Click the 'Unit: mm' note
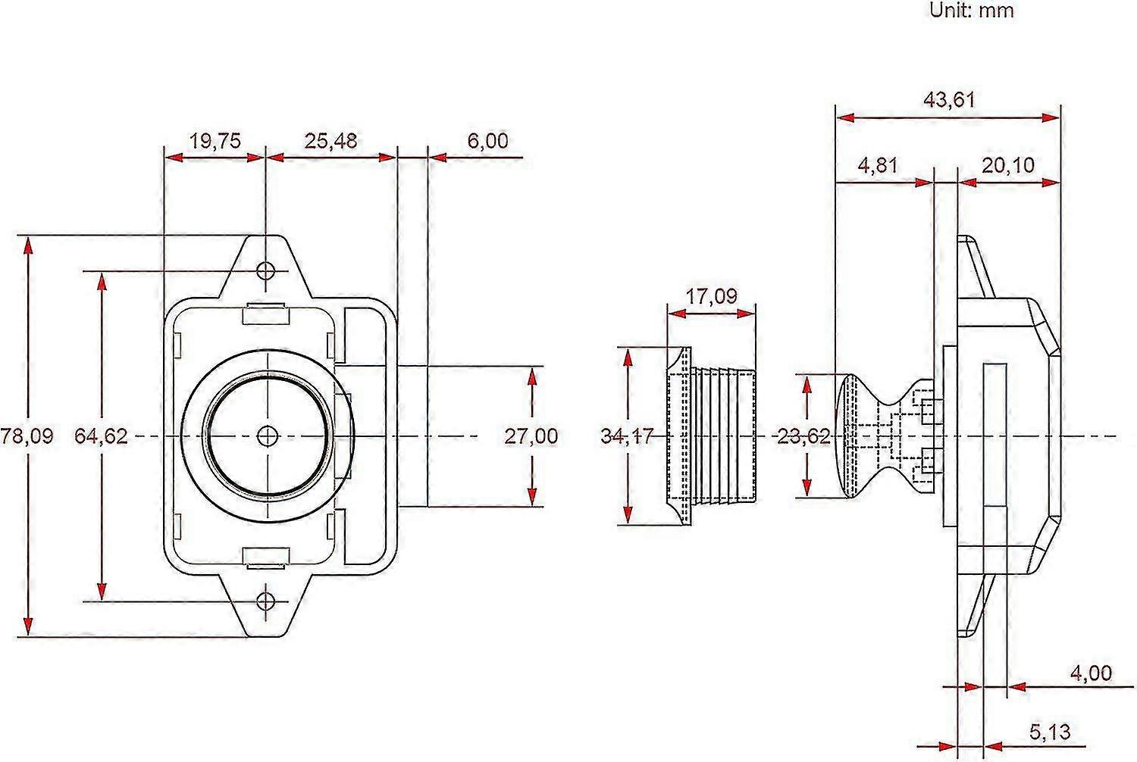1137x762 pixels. click(x=971, y=11)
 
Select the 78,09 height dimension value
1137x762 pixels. click(x=28, y=436)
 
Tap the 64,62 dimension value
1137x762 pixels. click(x=101, y=436)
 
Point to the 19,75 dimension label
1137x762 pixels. click(x=215, y=141)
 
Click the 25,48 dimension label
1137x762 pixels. click(x=330, y=141)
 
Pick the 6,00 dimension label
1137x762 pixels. click(x=487, y=141)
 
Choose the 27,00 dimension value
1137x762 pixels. click(x=531, y=436)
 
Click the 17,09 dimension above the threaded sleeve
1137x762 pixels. click(x=711, y=295)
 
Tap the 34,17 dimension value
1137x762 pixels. click(x=626, y=436)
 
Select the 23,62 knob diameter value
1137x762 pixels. click(x=804, y=436)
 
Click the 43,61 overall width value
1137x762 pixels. click(x=949, y=100)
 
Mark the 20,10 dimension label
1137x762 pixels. click(x=1008, y=165)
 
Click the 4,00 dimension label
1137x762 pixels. click(x=1091, y=673)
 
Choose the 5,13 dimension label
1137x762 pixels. click(x=1050, y=732)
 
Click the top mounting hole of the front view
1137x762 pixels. click(x=265, y=270)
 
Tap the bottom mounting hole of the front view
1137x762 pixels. click(x=265, y=601)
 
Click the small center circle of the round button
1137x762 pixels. click(x=267, y=436)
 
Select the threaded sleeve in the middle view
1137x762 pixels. click(x=713, y=436)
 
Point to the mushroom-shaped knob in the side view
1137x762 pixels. click(x=872, y=436)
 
